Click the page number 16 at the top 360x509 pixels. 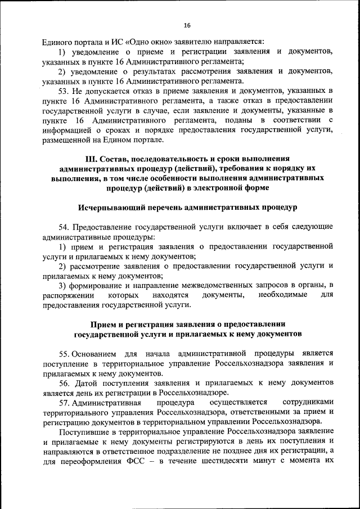187,25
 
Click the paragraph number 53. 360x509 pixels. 64,91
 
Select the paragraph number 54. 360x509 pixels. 64,227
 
